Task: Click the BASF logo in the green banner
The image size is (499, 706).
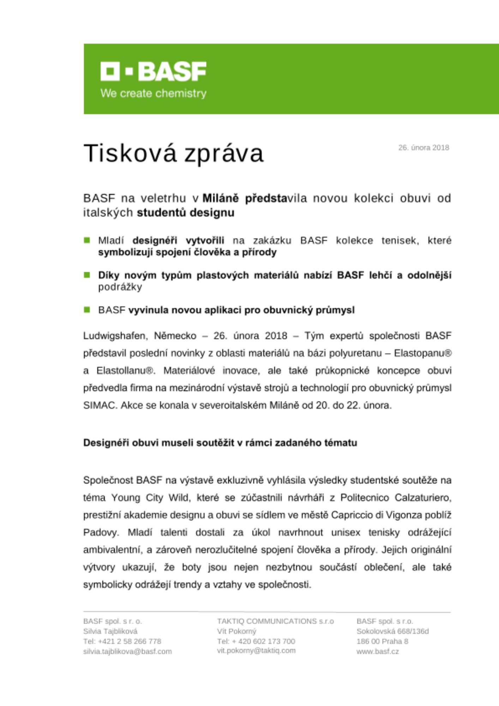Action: point(153,72)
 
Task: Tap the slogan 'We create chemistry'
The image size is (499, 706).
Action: point(153,94)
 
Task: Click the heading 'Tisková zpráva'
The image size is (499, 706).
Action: point(173,154)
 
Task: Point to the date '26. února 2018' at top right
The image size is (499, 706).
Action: point(423,148)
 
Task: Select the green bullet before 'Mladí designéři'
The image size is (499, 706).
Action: point(87,240)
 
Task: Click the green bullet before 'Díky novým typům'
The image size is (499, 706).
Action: point(87,275)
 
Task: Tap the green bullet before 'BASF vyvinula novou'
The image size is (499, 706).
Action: point(87,310)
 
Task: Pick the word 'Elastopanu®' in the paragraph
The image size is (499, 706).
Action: point(422,353)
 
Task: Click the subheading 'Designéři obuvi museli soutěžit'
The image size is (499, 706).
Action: point(220,443)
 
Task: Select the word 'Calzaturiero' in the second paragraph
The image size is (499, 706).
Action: point(422,498)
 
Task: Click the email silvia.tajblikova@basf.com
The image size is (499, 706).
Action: point(127,651)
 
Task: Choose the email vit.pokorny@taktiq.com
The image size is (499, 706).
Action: point(256,651)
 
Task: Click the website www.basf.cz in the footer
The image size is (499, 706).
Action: point(377,651)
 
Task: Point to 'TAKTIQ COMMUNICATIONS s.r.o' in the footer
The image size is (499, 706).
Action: point(275,621)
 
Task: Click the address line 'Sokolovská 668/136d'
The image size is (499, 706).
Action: point(392,631)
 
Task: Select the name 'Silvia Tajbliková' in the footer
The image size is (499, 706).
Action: point(110,631)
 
